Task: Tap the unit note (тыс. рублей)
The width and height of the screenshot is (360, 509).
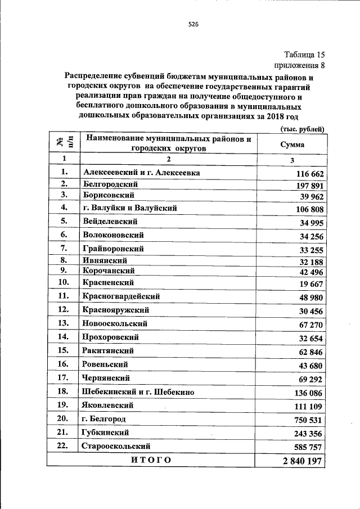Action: [303, 129]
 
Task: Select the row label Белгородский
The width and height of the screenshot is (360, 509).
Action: [110, 184]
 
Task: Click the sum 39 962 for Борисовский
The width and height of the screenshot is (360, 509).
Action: [311, 197]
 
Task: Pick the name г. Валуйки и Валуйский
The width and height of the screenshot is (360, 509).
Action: [129, 208]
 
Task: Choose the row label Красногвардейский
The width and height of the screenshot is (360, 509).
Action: [121, 296]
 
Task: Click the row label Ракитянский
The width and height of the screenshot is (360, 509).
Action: [108, 350]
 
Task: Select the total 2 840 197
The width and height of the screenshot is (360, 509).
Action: [303, 462]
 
